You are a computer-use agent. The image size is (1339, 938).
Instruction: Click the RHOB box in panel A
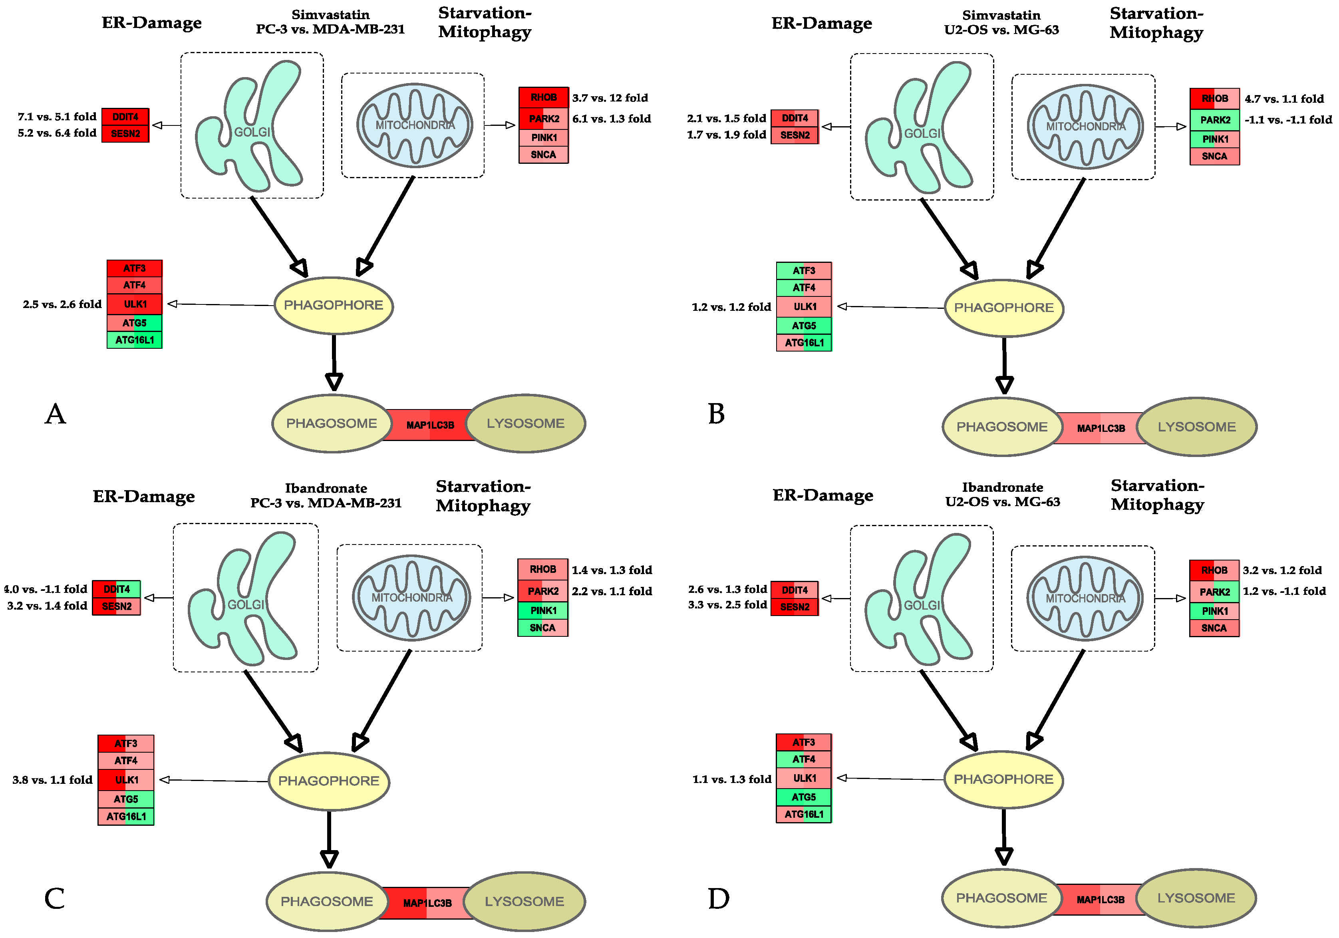(x=544, y=97)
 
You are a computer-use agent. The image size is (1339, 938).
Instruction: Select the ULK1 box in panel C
(x=126, y=780)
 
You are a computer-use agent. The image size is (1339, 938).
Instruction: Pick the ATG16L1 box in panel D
(x=804, y=814)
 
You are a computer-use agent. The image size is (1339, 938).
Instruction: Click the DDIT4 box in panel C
(x=117, y=589)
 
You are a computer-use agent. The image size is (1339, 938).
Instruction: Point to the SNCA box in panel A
(x=544, y=155)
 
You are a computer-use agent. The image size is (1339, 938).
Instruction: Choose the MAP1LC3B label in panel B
(x=1101, y=428)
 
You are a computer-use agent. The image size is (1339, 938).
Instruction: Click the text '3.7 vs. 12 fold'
(x=610, y=98)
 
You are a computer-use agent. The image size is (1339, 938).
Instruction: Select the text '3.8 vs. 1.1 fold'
(x=52, y=780)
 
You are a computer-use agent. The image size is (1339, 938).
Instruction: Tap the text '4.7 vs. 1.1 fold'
(x=1284, y=99)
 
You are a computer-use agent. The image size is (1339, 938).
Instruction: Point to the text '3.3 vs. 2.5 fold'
(x=727, y=605)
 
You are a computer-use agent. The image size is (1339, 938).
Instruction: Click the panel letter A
(x=56, y=414)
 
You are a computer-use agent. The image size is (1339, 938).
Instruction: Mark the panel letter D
(x=719, y=899)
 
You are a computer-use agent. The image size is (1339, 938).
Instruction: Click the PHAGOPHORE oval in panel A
(x=334, y=305)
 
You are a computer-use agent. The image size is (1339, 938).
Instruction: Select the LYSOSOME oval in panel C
(x=524, y=901)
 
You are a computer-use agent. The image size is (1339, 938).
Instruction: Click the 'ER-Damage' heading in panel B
(x=822, y=23)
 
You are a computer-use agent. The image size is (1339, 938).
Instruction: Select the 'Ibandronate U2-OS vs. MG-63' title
(x=1003, y=494)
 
